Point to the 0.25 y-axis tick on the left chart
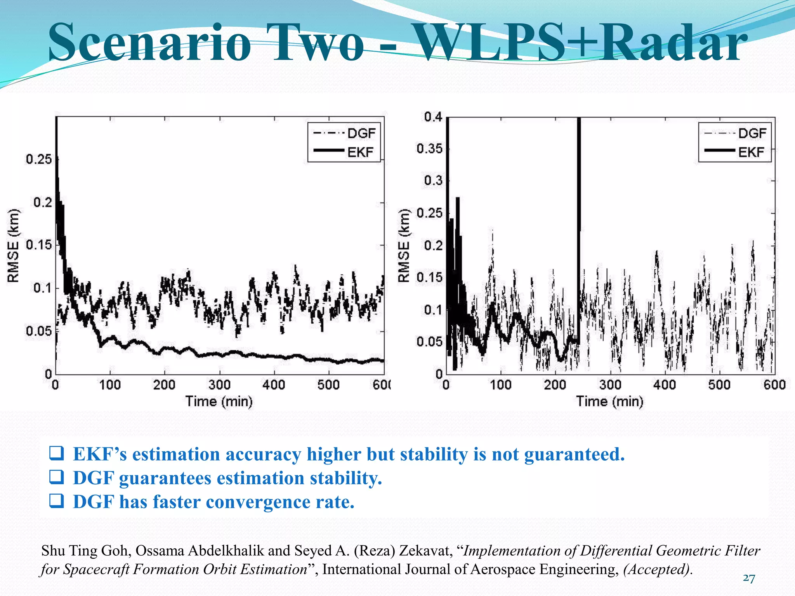coord(39,159)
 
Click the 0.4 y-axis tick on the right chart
coord(433,117)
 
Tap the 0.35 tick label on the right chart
coord(429,149)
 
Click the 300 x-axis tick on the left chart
coord(219,385)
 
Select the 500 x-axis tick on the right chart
coord(719,385)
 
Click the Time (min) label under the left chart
coord(219,401)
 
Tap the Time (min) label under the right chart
coord(609,401)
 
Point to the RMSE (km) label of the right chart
coord(404,245)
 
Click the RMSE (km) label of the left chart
coord(13,245)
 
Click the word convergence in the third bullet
coord(257,502)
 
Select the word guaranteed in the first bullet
coord(574,454)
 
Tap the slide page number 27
coord(749,578)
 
